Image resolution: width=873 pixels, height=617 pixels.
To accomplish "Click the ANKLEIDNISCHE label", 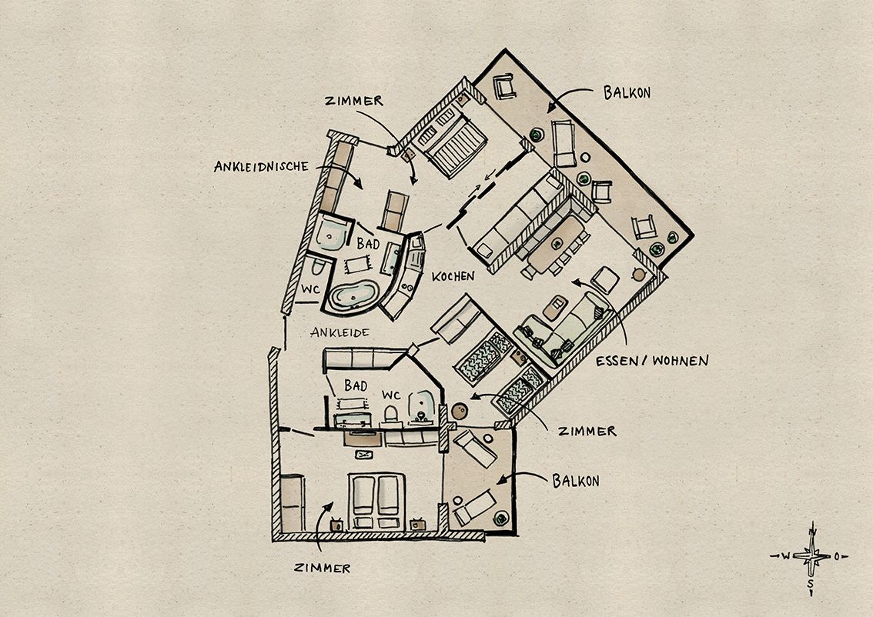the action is (261, 166).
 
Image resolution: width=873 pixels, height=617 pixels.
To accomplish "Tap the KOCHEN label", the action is (453, 276).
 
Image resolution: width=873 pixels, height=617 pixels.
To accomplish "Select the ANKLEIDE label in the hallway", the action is (339, 332).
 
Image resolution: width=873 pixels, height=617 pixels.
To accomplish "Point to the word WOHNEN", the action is (681, 361).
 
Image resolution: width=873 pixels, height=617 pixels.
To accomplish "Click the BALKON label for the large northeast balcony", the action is (627, 92).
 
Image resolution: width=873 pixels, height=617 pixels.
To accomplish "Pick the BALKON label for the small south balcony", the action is (576, 481).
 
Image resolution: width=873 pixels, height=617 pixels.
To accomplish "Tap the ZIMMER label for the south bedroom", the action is (323, 568).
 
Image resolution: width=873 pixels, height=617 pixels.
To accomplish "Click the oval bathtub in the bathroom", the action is (353, 295).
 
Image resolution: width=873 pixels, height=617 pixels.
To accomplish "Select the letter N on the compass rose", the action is (812, 532).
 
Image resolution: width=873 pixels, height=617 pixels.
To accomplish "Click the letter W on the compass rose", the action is (785, 555).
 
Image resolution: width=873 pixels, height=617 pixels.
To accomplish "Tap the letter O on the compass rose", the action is (837, 555).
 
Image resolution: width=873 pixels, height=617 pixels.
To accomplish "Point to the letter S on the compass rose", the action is (811, 584).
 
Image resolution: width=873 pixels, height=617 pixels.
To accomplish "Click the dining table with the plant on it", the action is (556, 244).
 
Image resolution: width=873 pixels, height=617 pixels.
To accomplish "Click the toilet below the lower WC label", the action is (391, 415).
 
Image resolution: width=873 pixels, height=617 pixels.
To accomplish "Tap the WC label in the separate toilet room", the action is (310, 290).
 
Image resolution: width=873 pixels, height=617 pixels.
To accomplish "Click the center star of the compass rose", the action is (811, 555).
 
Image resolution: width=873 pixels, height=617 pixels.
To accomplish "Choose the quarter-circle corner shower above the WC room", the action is (331, 233).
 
